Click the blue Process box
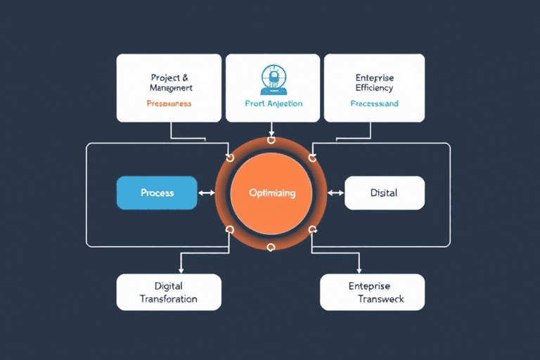click(x=157, y=193)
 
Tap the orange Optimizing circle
click(x=271, y=193)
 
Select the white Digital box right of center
click(x=384, y=193)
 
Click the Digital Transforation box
click(x=169, y=292)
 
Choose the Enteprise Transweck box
click(x=372, y=292)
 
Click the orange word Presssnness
click(x=169, y=103)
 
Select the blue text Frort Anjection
click(x=274, y=103)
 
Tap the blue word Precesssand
click(x=374, y=103)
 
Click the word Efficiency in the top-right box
click(x=374, y=88)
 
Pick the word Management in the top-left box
click(x=171, y=88)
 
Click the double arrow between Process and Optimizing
click(x=207, y=193)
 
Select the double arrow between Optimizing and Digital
click(x=336, y=193)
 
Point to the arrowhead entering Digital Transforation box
click(x=181, y=271)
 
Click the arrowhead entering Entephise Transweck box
click(x=360, y=271)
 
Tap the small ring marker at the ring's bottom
click(x=271, y=247)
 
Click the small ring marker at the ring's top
click(x=271, y=140)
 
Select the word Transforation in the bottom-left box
click(x=169, y=299)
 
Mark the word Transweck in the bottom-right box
click(x=380, y=299)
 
